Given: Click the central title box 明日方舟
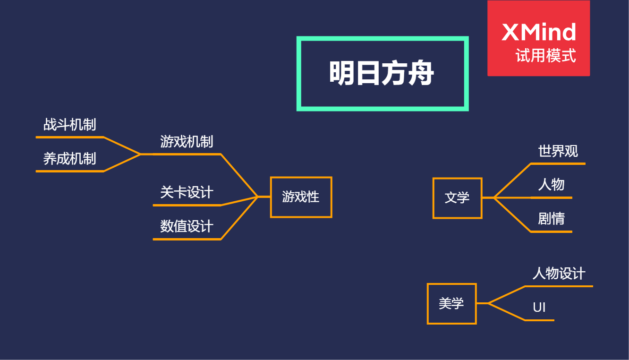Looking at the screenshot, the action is point(382,74).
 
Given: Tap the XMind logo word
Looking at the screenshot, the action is point(539,33).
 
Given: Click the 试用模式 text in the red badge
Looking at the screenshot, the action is point(545,56).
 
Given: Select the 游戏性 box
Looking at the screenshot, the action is point(301,197).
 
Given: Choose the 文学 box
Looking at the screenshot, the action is point(457,198).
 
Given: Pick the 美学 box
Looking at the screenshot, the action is point(451,303).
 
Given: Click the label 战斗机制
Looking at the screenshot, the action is point(70,125).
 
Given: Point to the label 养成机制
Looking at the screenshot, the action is point(70,159).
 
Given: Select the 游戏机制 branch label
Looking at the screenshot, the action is point(187,142).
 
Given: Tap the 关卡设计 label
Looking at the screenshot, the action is point(187,193).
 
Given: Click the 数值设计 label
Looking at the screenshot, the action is point(187,227).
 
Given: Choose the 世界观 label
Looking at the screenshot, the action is point(558,151).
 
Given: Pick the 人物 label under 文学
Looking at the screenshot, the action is point(551,185).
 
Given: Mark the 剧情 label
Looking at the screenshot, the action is point(551,219).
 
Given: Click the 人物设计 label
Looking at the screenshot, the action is point(559,274).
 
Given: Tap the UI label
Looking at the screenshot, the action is point(539,308).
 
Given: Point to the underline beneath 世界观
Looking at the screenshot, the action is point(558,163).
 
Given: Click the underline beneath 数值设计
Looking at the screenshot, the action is point(187,239).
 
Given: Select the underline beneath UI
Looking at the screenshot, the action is point(539,320).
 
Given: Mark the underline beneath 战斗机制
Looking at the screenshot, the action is point(70,137).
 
